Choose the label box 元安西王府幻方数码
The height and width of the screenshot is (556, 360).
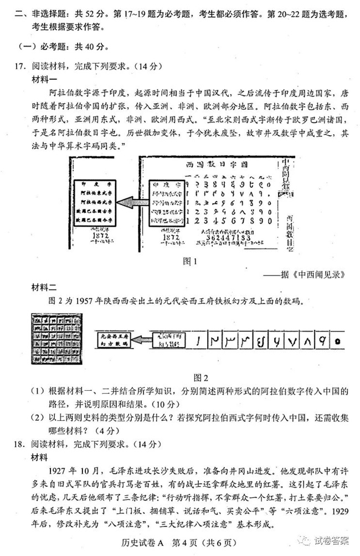point(112,339)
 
